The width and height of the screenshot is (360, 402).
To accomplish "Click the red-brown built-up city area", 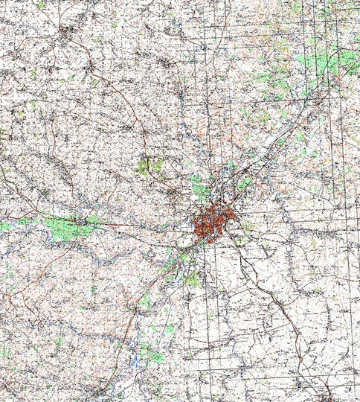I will (x=214, y=223).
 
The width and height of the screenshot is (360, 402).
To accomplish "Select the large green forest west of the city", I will (x=63, y=225).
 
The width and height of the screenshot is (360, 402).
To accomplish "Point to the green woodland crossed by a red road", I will (x=150, y=165).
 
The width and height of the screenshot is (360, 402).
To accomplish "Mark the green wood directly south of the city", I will (x=193, y=278).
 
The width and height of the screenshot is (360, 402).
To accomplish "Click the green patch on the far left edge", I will (x=5, y=223).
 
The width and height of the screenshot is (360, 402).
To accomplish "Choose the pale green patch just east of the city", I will (x=246, y=224).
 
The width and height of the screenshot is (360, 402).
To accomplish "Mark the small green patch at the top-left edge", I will (x=40, y=4).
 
